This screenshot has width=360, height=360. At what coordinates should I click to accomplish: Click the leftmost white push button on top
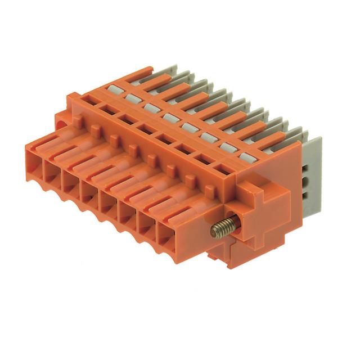116,88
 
